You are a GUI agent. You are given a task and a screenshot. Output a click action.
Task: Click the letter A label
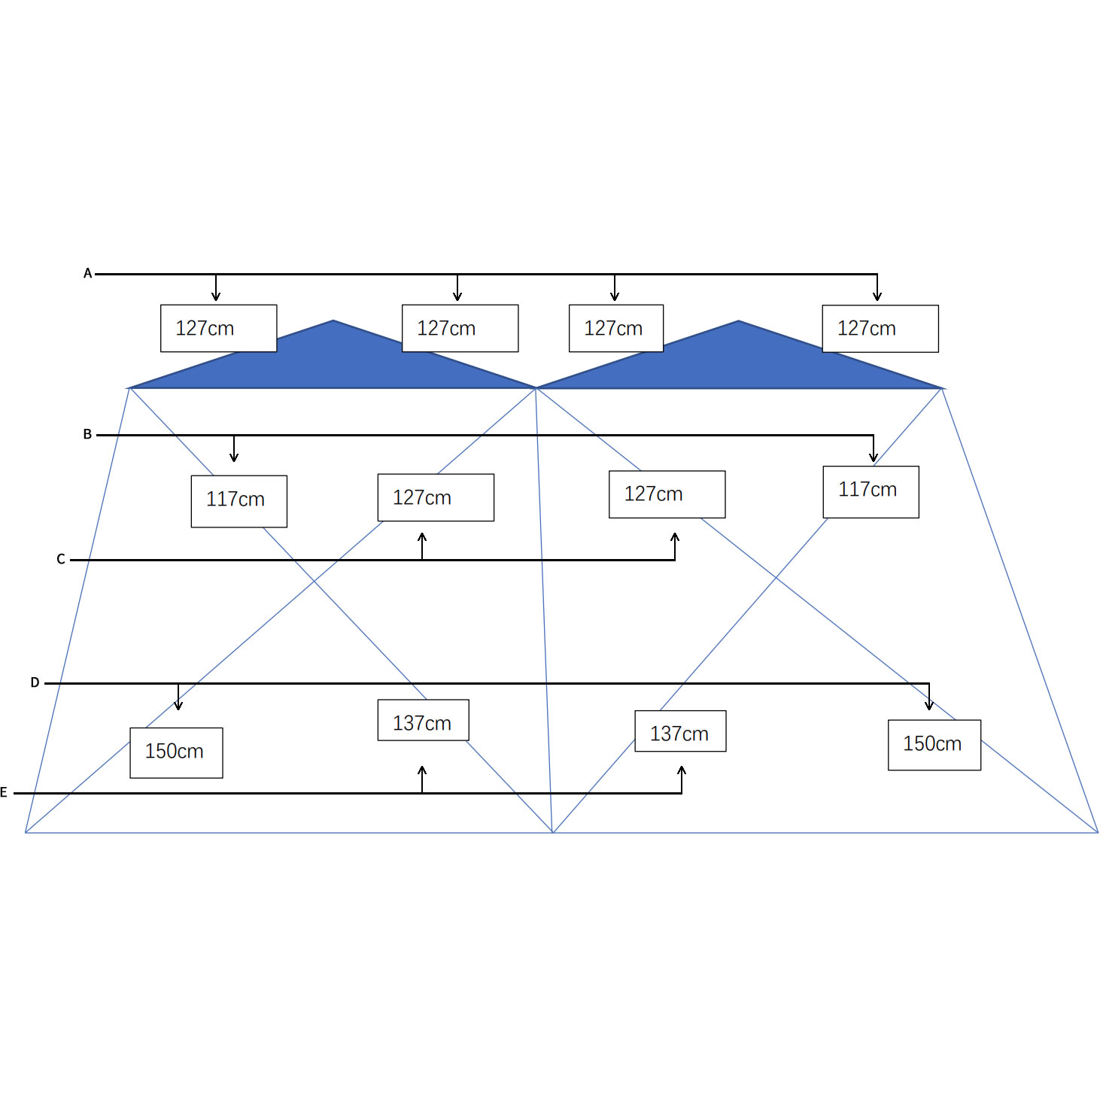point(87,273)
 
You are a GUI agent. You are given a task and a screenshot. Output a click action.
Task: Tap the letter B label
point(87,434)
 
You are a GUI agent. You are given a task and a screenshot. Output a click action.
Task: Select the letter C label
point(61,559)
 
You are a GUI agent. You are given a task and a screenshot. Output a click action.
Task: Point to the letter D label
point(35,682)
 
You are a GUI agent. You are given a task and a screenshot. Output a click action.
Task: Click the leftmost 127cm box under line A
point(219,328)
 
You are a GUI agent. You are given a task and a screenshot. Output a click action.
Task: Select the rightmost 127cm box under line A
point(880,329)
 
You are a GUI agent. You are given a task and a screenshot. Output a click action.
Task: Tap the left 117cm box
point(239,501)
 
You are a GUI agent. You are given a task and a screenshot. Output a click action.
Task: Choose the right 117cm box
point(871,491)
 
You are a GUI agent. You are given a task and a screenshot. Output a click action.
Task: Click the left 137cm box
point(424,719)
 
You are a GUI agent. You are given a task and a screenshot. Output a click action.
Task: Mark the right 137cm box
point(681,731)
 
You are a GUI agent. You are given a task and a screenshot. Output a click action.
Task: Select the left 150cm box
point(176,752)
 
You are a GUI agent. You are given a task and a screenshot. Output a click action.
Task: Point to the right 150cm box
point(934,745)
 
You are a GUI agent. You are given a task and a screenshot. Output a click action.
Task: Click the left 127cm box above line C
point(436,497)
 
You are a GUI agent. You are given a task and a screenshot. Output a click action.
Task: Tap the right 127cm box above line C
point(667,494)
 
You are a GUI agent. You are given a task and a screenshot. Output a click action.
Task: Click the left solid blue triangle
point(333,366)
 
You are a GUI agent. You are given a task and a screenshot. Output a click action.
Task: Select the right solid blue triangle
point(738,366)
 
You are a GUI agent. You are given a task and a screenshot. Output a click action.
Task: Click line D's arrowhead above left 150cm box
point(178,705)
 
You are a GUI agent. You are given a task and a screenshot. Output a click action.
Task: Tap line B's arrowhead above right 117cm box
point(874,456)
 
